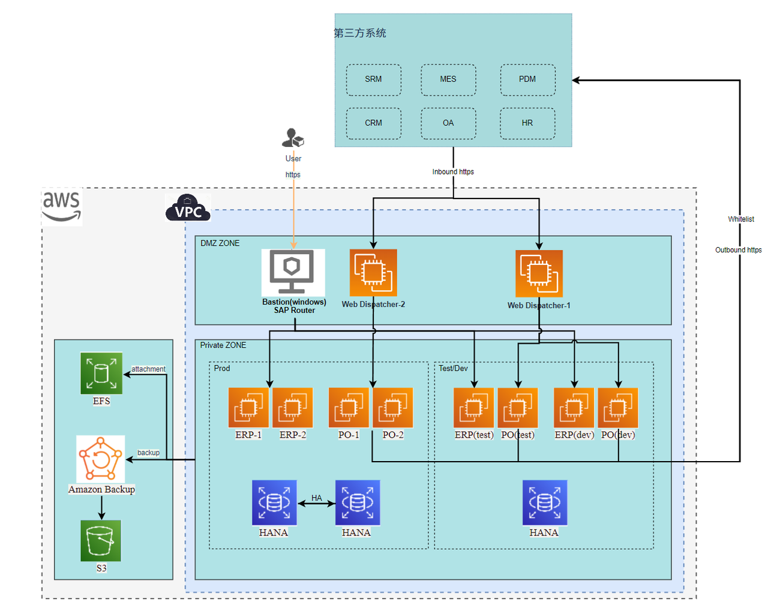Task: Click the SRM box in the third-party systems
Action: point(373,80)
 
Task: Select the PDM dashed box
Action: point(527,80)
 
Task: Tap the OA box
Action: point(448,124)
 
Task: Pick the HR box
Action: point(527,124)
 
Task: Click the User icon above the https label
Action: point(293,139)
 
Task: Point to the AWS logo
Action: point(61,206)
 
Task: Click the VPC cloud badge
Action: point(188,208)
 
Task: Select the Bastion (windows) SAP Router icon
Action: point(293,272)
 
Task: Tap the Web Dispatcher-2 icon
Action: point(373,272)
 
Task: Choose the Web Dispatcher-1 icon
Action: point(539,273)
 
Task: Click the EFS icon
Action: point(101,373)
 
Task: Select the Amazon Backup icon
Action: point(101,459)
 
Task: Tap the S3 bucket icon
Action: point(101,541)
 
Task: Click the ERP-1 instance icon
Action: point(248,408)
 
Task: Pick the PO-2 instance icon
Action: point(393,408)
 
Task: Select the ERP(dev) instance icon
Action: point(574,408)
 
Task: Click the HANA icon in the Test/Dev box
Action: point(544,502)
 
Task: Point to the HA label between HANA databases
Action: point(317,498)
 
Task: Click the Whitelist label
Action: point(741,219)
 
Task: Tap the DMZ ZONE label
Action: point(220,243)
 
